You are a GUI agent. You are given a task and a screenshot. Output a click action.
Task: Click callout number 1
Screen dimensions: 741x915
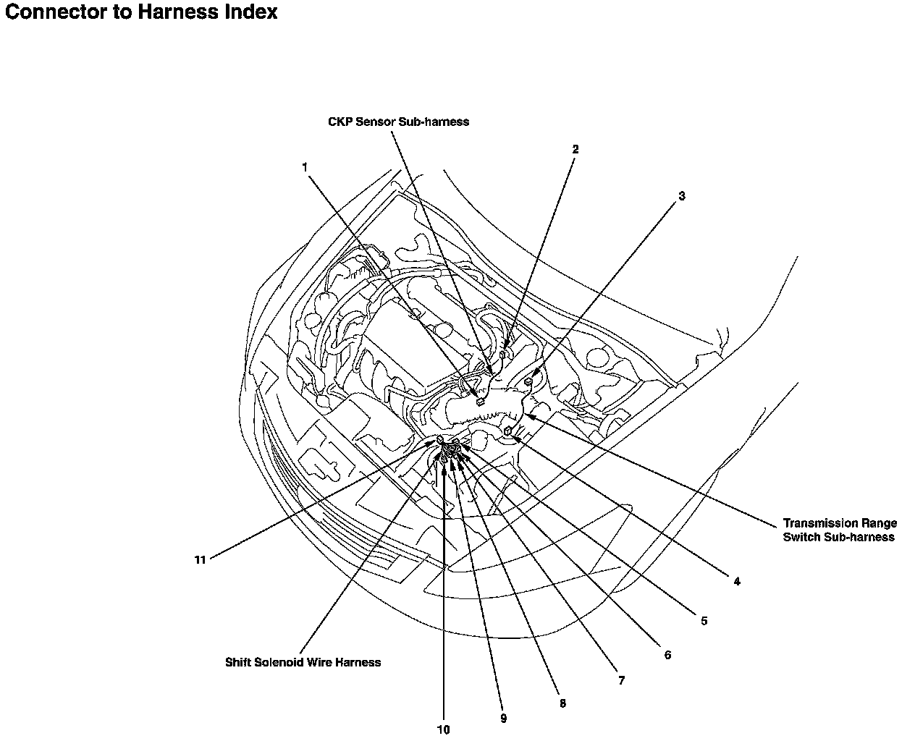click(305, 167)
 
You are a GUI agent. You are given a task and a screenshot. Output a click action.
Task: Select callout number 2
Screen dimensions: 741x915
click(575, 150)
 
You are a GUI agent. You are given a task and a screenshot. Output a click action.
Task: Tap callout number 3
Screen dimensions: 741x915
click(681, 196)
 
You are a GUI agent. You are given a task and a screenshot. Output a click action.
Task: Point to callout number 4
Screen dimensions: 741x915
click(736, 581)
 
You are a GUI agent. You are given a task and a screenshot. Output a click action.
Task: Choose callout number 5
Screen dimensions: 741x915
click(704, 621)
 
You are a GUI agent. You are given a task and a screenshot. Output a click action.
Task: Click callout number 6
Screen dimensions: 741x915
click(667, 656)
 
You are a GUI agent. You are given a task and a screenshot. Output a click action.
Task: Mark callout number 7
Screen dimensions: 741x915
click(621, 681)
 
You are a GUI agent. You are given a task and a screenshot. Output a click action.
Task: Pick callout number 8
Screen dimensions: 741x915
click(562, 703)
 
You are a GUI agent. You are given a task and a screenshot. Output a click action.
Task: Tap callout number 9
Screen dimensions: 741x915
click(503, 719)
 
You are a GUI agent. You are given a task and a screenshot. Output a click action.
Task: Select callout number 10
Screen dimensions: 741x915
click(443, 729)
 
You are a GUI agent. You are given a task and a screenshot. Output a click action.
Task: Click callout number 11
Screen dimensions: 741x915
click(200, 559)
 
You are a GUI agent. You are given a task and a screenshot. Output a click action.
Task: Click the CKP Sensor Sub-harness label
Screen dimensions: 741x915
click(398, 122)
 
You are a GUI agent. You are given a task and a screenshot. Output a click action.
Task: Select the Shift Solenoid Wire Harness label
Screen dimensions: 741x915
click(303, 662)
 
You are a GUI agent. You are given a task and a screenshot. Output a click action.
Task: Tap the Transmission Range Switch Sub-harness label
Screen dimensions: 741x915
click(840, 530)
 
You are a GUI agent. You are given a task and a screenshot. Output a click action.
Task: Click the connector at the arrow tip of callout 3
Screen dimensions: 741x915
click(529, 381)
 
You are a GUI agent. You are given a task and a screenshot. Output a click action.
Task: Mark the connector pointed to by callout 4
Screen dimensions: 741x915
click(509, 431)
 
